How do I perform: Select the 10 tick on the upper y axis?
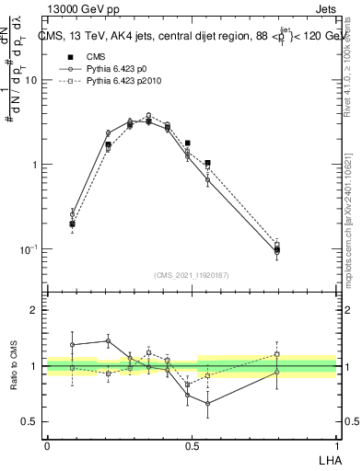30,80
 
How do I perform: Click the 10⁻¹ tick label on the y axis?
28,249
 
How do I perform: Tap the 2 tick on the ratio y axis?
35,310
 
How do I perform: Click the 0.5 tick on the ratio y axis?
29,422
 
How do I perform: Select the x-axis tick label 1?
336,444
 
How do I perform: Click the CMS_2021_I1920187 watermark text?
192,275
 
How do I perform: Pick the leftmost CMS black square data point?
73,224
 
